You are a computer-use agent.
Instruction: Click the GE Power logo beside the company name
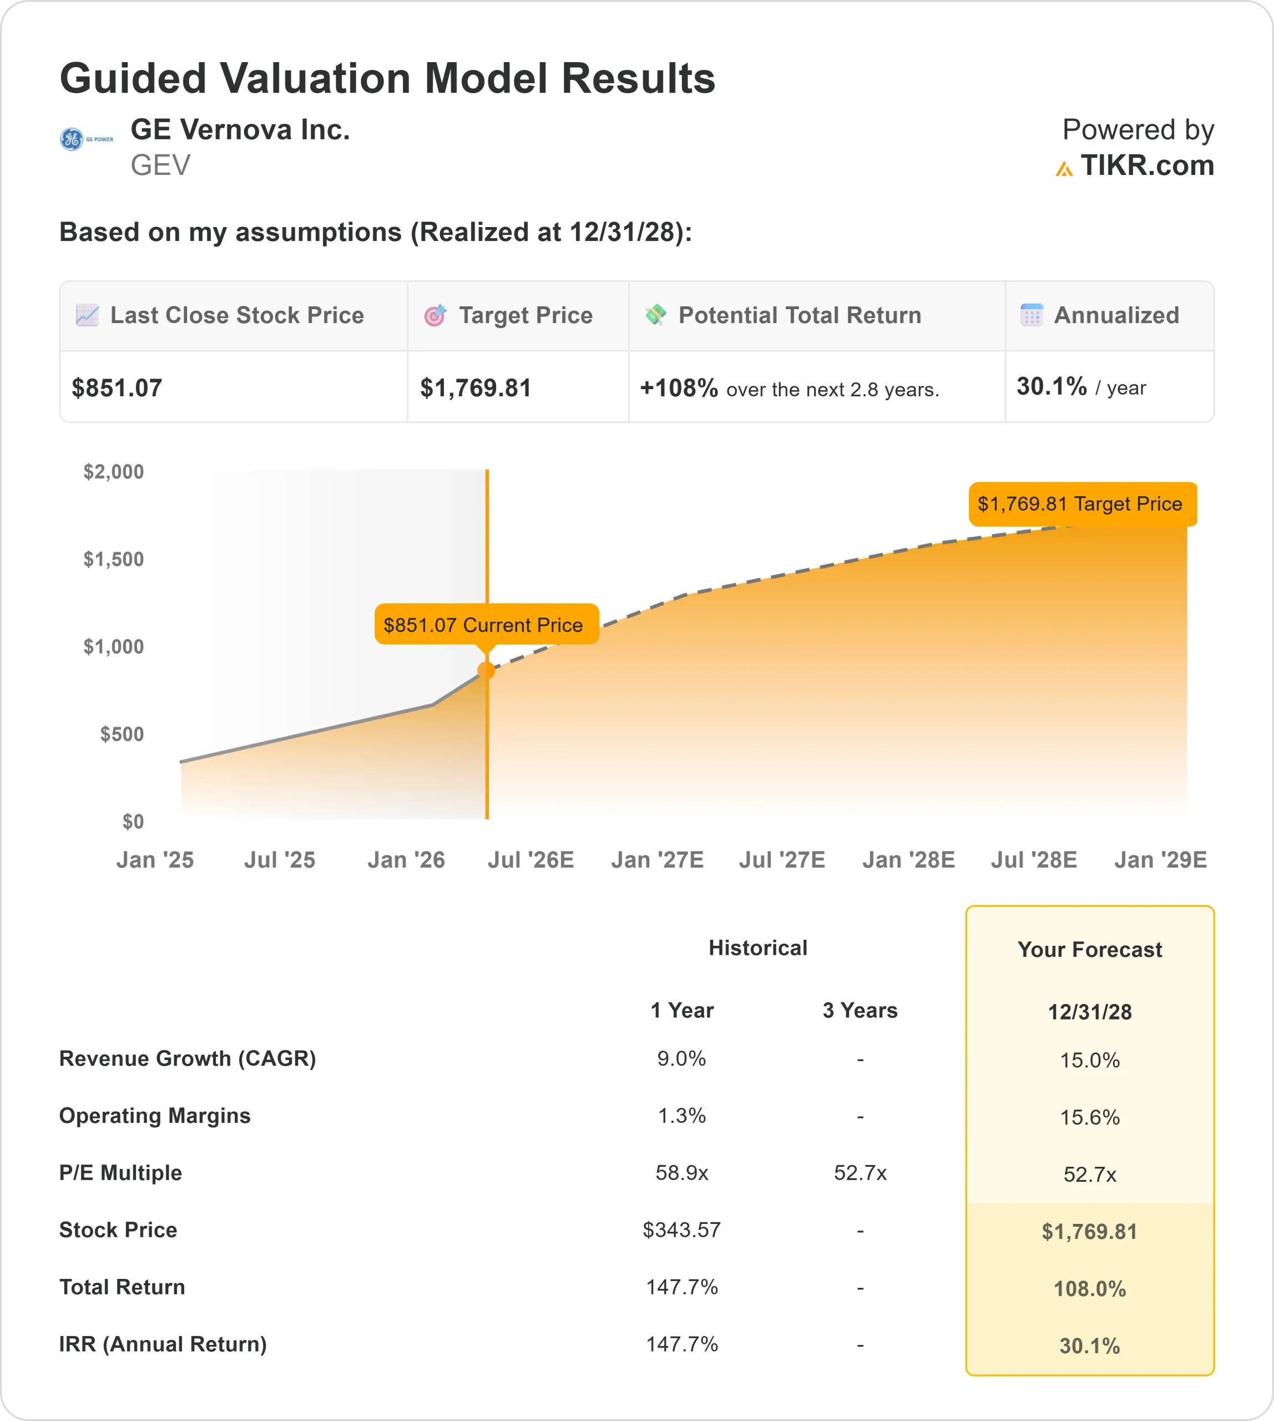pyautogui.click(x=85, y=139)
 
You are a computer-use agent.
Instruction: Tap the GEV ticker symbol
pyautogui.click(x=160, y=165)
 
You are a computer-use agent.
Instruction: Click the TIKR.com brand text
pyautogui.click(x=1146, y=165)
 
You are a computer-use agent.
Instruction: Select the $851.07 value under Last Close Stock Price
pyautogui.click(x=117, y=388)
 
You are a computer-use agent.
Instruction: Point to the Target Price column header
pyautogui.click(x=525, y=315)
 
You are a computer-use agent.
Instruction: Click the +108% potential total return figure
pyautogui.click(x=678, y=388)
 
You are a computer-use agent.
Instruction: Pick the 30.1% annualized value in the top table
pyautogui.click(x=1051, y=386)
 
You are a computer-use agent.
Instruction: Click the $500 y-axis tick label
pyautogui.click(x=122, y=734)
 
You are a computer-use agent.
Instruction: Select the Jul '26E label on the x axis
pyautogui.click(x=530, y=860)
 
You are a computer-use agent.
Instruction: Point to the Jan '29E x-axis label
pyautogui.click(x=1160, y=860)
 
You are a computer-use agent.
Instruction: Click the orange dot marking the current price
pyautogui.click(x=487, y=671)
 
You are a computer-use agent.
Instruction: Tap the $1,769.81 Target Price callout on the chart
pyautogui.click(x=1082, y=504)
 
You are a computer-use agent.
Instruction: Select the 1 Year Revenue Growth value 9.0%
pyautogui.click(x=681, y=1058)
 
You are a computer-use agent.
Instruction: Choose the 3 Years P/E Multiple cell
pyautogui.click(x=860, y=1173)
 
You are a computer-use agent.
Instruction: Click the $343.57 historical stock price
pyautogui.click(x=681, y=1230)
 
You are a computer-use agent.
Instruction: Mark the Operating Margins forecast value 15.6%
pyautogui.click(x=1089, y=1117)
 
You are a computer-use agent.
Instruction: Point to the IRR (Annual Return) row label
pyautogui.click(x=163, y=1344)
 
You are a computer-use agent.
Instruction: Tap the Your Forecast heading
pyautogui.click(x=1089, y=950)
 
